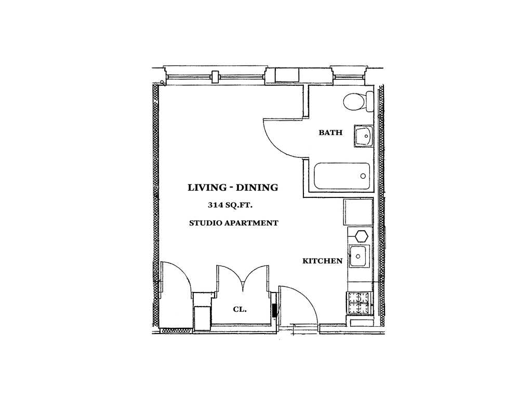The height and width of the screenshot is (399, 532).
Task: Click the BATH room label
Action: [x=330, y=132]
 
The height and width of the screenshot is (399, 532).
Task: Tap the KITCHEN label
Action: [x=322, y=261]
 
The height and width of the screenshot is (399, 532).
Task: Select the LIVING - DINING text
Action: [x=233, y=187]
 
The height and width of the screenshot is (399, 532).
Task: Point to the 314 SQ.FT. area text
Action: [x=230, y=205]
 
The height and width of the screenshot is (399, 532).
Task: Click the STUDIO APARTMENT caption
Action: [x=234, y=223]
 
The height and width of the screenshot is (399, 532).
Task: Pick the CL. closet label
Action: [x=240, y=310]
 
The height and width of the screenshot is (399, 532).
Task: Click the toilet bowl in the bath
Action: [x=354, y=101]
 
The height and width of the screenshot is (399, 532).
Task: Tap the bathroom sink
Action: [x=363, y=136]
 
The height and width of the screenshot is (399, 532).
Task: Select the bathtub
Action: [x=342, y=176]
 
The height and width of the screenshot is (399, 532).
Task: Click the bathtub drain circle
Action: [x=363, y=176]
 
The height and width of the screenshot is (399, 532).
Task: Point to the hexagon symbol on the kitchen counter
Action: [x=362, y=236]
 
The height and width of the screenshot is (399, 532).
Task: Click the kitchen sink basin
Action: [x=358, y=256]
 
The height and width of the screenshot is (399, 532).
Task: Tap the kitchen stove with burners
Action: [x=360, y=303]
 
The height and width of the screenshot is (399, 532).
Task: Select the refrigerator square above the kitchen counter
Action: [x=358, y=212]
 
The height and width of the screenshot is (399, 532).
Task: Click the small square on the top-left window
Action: [x=215, y=77]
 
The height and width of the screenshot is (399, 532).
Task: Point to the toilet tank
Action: [x=369, y=101]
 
